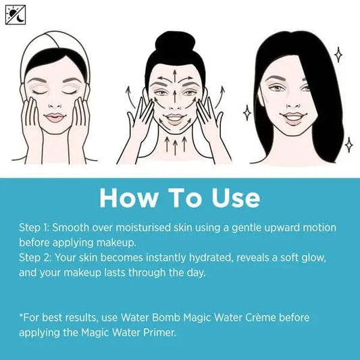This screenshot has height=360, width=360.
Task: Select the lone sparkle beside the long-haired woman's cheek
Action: click(247, 112)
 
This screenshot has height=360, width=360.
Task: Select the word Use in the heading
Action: click(228, 198)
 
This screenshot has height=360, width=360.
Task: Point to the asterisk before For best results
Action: click(21, 315)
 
